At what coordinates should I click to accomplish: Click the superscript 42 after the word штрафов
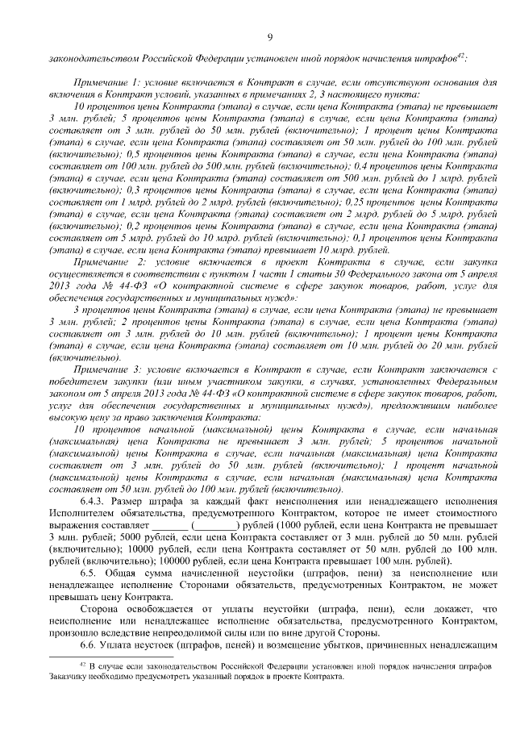[460, 55]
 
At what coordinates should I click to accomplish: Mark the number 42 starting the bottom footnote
[81, 664]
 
